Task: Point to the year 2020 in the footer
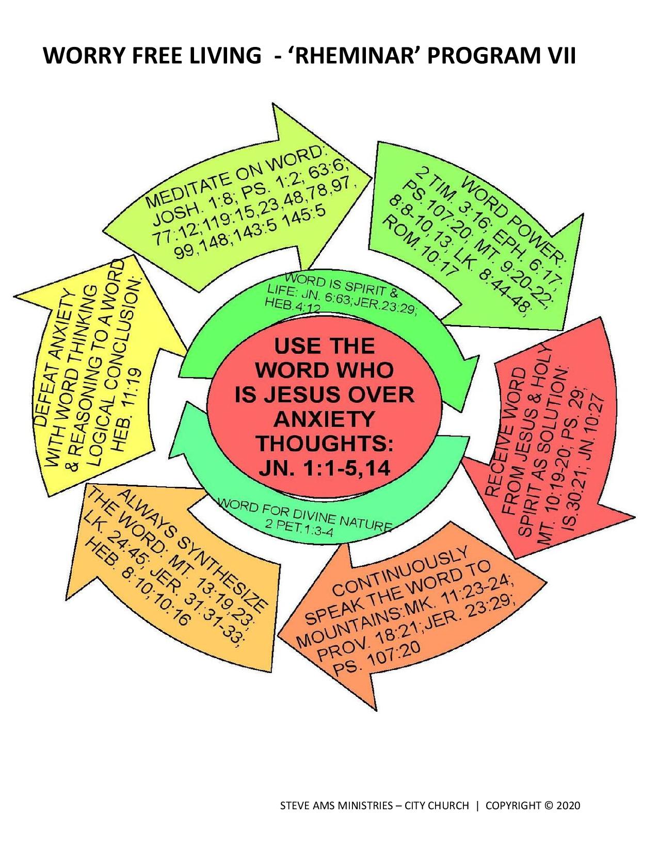(x=568, y=806)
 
